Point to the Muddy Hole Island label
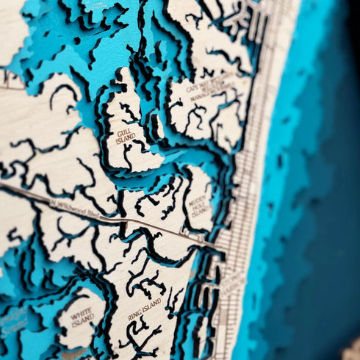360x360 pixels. pyautogui.click(x=198, y=195)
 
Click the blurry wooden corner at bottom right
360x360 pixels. pyautogui.click(x=350, y=349)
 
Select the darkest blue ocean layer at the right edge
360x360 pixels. pyautogui.click(x=342, y=184)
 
